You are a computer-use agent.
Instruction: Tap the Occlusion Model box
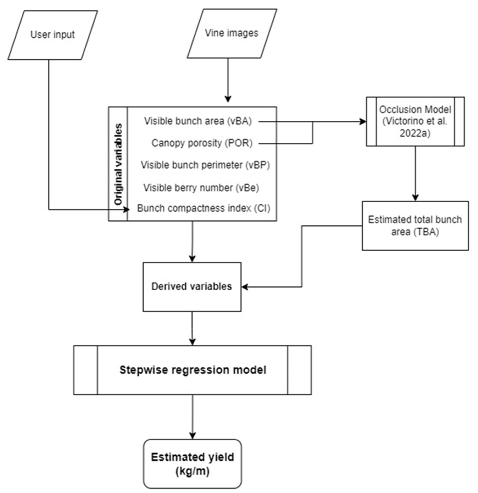click(415, 121)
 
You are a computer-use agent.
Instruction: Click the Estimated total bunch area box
click(415, 226)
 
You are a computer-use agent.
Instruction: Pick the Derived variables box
click(192, 287)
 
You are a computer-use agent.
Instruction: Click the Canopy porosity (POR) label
click(202, 143)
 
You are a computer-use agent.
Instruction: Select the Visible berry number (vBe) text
click(201, 188)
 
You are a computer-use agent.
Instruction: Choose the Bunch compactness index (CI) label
click(203, 208)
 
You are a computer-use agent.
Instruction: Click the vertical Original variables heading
click(118, 164)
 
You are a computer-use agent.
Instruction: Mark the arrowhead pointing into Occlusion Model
click(363, 122)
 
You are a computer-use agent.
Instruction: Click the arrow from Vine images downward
click(228, 81)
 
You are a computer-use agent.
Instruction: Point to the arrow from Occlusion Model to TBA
click(415, 174)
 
